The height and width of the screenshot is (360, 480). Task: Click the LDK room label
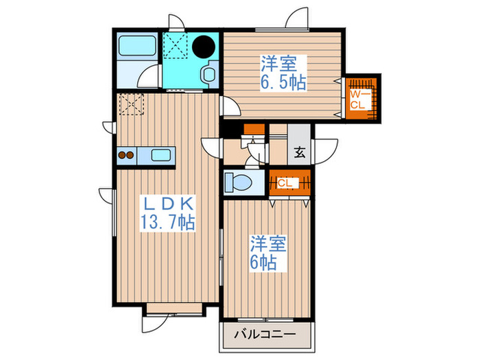(x=169, y=204)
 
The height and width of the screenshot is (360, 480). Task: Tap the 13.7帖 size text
(x=169, y=221)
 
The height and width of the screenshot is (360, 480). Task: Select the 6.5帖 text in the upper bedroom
(x=283, y=82)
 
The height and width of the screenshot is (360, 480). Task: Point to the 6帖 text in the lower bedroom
(x=263, y=261)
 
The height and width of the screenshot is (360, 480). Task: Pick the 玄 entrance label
(x=300, y=154)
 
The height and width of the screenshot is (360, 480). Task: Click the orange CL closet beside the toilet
(x=286, y=182)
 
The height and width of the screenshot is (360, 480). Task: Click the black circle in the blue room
(x=204, y=47)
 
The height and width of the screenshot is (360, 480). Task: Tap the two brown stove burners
(x=126, y=155)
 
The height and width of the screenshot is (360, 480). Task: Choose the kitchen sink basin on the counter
(x=162, y=155)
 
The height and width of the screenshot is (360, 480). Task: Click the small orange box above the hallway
(x=254, y=128)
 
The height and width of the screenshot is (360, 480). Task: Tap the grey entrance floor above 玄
(x=299, y=134)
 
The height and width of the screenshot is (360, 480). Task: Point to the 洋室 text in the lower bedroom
(x=263, y=244)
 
